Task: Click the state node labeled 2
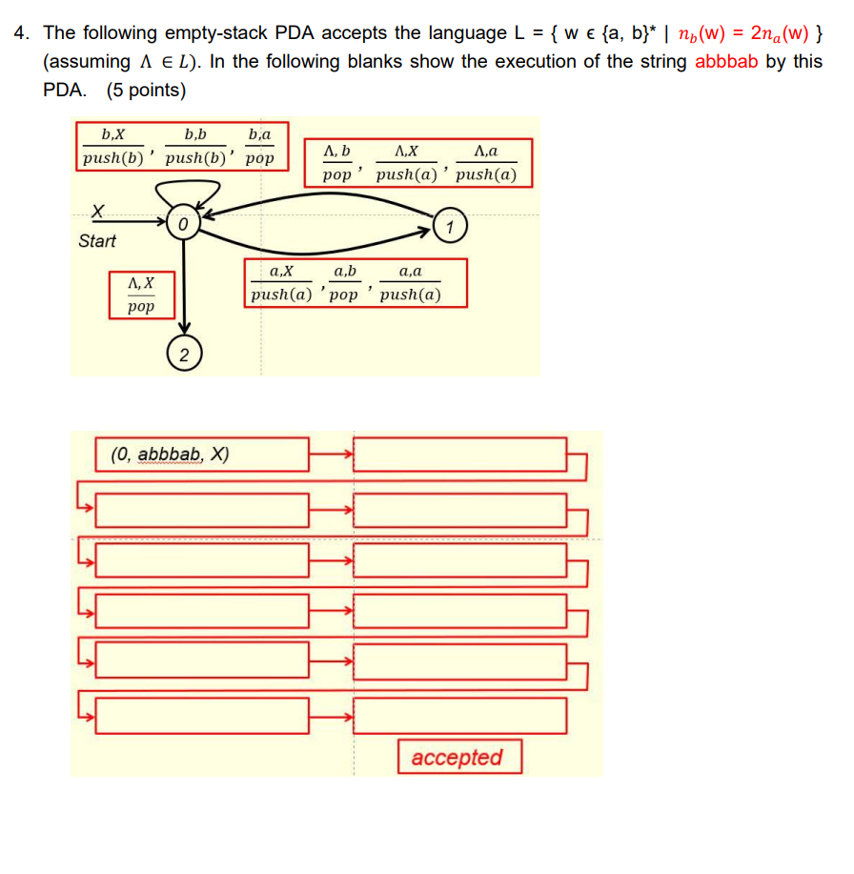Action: pos(184,355)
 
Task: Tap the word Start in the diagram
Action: pos(97,241)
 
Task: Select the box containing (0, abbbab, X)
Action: pos(203,455)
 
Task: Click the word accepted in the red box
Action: pos(457,758)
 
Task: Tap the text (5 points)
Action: pos(146,91)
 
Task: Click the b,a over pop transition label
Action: pos(258,147)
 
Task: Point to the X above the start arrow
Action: pos(96,210)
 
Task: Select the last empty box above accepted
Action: pos(460,715)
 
